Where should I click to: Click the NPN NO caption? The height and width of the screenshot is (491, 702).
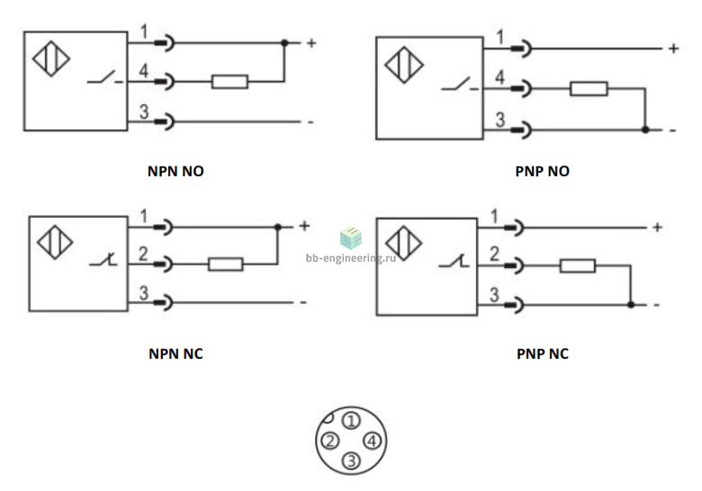[175, 171]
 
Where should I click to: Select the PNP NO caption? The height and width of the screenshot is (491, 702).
[542, 171]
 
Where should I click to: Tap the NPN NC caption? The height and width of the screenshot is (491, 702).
[175, 353]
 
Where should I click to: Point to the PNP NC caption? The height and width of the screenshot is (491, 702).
[542, 353]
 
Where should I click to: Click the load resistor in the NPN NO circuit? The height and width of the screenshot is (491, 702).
[229, 82]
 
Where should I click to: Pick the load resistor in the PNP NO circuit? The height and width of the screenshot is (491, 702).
[589, 88]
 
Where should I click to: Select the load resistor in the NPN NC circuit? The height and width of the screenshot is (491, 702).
[226, 264]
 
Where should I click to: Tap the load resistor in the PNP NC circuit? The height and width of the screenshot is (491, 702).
[578, 265]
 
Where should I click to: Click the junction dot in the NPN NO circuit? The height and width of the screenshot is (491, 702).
[284, 43]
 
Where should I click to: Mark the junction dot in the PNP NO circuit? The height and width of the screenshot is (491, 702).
[645, 129]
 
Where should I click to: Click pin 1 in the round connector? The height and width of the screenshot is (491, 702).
[351, 421]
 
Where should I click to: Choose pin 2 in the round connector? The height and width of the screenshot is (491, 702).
[330, 441]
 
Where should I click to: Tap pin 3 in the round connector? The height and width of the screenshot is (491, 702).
[351, 460]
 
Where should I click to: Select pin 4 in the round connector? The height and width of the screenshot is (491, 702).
[372, 441]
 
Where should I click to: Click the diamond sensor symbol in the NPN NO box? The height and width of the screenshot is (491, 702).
[51, 58]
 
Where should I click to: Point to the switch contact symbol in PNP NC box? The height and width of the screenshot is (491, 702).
[454, 262]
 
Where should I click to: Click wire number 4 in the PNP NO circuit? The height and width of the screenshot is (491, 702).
[499, 77]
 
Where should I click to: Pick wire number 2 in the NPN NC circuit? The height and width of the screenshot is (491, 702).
[143, 254]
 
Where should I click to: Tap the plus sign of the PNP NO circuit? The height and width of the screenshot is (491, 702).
[673, 49]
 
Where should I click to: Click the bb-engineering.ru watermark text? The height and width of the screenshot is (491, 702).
[351, 258]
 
